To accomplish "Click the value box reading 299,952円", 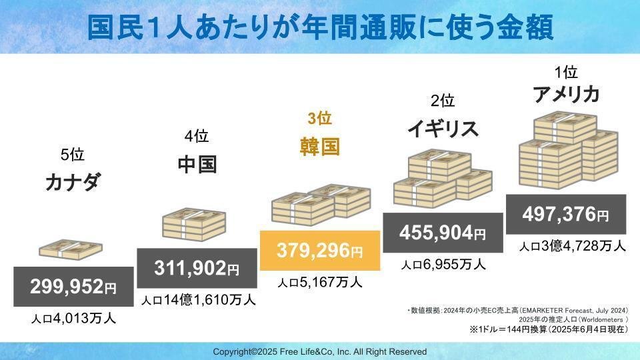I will click(x=73, y=287).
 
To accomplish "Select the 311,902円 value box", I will click(x=197, y=269).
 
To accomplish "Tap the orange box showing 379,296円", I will click(x=320, y=251).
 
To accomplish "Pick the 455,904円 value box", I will click(x=443, y=233).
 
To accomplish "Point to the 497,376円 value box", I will click(x=565, y=215).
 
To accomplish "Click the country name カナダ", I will click(x=73, y=181).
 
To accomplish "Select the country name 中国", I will click(x=197, y=164).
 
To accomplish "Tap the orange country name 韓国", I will click(x=319, y=146).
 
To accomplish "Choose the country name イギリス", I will click(x=443, y=128).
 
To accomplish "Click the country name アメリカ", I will click(x=565, y=95).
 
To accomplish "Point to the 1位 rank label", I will click(x=565, y=71).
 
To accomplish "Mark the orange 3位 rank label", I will click(x=319, y=119).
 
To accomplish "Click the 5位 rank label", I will click(x=73, y=155).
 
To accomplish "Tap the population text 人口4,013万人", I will click(x=73, y=319).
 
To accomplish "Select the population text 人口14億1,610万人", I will click(x=198, y=301).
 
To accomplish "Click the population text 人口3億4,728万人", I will click(x=572, y=246).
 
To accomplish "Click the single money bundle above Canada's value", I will click(x=71, y=249).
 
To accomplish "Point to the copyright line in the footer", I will click(x=320, y=351).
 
